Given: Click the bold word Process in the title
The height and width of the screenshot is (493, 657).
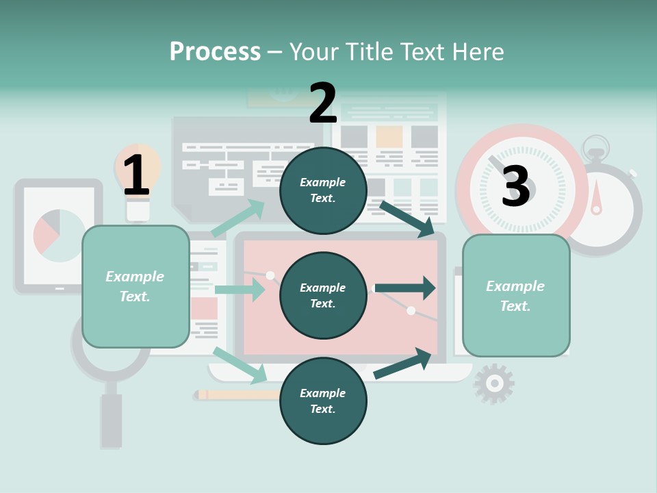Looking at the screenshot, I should tap(215, 52).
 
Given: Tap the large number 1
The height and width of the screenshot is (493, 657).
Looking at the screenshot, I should tap(136, 175).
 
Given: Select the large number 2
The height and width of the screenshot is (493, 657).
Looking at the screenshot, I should tap(323, 103).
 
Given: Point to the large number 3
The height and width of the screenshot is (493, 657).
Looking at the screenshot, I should tap(515, 186).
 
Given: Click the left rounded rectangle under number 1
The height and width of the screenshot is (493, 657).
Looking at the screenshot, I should tap(136, 286).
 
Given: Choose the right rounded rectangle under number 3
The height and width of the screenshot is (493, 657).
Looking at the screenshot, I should tap(516, 296).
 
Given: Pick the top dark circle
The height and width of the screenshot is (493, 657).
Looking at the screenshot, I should tap(323, 190).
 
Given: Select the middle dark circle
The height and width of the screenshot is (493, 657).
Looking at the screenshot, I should tap(323, 296).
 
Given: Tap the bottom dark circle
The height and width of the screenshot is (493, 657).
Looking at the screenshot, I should tap(323, 401).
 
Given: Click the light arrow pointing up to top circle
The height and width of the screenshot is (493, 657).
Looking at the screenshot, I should tap(238, 218).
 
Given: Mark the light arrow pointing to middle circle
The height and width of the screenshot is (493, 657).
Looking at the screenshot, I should tap(240, 290).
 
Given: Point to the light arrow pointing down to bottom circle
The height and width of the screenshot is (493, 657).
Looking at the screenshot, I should tap(240, 365).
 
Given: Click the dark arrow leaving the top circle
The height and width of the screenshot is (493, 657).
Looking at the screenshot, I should tap(407, 218).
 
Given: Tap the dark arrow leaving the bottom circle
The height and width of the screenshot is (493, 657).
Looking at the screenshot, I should tap(403, 364).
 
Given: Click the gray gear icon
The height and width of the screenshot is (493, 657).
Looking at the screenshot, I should tap(493, 383).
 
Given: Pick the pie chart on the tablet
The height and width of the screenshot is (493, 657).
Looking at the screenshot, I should tap(58, 236).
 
